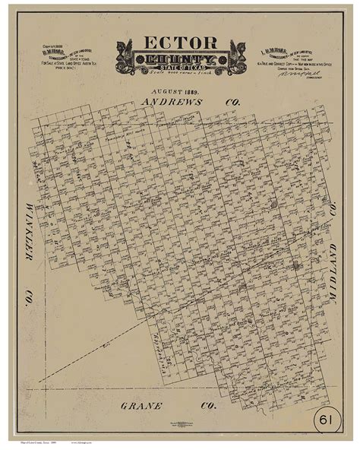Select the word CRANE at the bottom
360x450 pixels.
click(141, 405)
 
